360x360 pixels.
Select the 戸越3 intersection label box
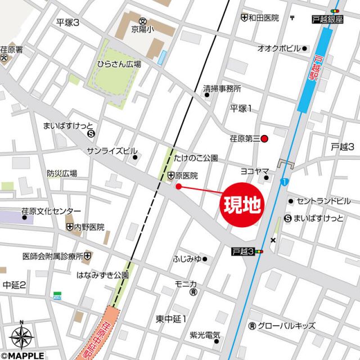click(x=243, y=251)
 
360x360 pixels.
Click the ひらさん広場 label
click(x=119, y=64)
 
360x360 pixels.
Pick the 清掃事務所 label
click(x=222, y=88)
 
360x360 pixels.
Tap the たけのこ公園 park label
click(x=195, y=159)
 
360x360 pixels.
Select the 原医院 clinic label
click(x=186, y=176)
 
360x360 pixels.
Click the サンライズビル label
click(x=111, y=151)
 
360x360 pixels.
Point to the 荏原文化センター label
click(x=51, y=211)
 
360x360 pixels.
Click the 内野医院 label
click(x=89, y=227)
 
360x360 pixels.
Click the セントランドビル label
click(x=323, y=201)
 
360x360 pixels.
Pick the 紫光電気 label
click(x=204, y=336)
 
